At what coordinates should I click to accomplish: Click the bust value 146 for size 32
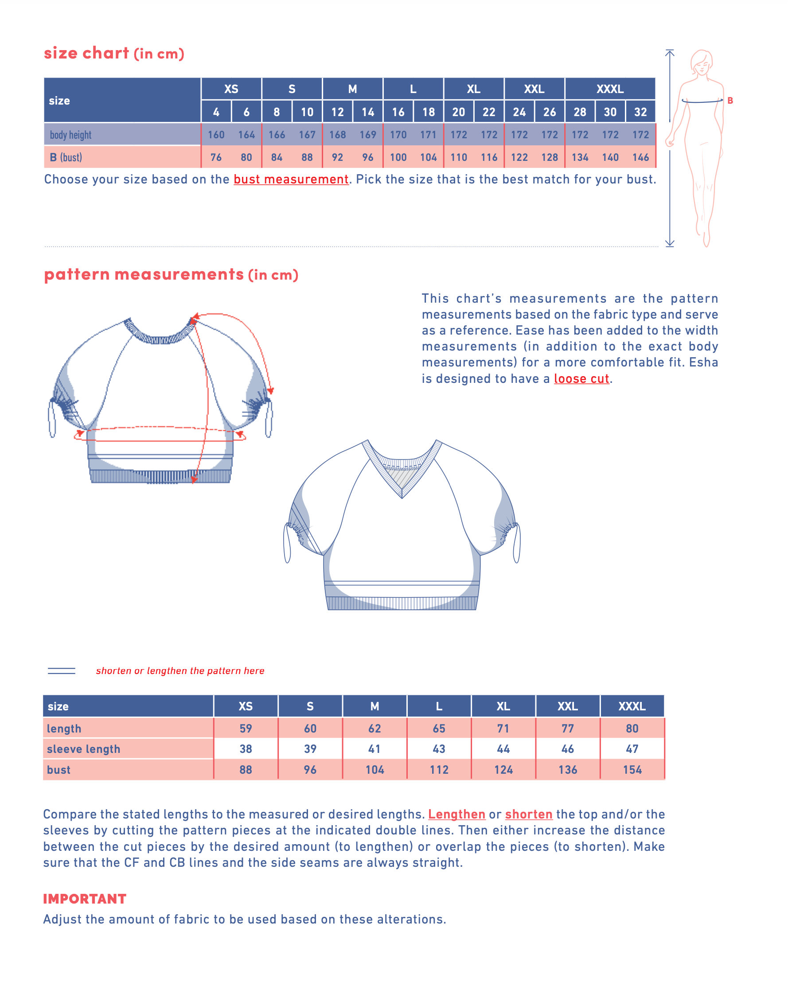(640, 158)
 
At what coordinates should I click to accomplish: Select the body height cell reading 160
(216, 135)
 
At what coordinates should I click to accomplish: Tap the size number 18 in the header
(428, 112)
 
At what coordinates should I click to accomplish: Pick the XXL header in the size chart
(534, 89)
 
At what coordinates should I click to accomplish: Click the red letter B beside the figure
(729, 101)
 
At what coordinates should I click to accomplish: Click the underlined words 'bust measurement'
(291, 179)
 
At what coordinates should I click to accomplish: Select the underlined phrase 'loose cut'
(581, 378)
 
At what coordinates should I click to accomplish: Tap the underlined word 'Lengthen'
(456, 814)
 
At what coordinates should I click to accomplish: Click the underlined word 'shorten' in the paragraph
(528, 814)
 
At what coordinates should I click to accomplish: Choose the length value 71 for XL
(503, 728)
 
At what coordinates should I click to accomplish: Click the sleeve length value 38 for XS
(246, 749)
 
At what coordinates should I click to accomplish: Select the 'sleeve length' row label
(83, 749)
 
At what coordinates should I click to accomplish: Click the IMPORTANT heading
(85, 899)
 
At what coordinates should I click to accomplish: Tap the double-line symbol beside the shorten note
(62, 670)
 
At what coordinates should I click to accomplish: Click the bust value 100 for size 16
(398, 158)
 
